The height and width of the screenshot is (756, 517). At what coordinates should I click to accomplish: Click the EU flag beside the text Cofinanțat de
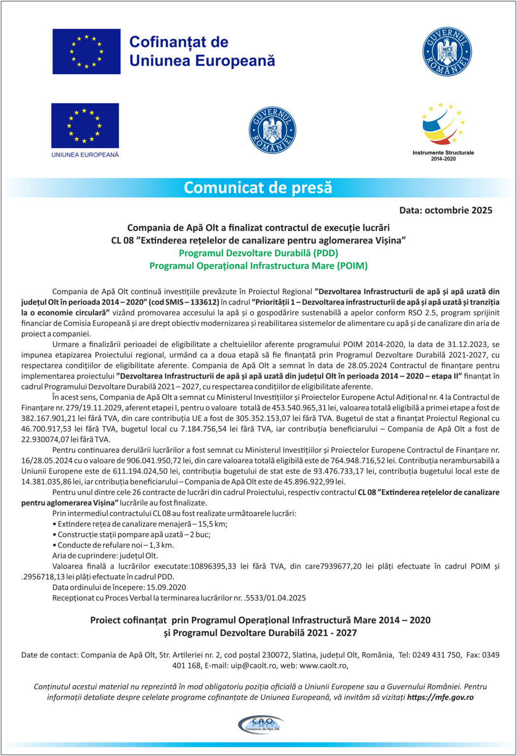87,51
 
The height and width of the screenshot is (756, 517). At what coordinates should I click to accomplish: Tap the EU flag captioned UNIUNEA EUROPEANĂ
85,126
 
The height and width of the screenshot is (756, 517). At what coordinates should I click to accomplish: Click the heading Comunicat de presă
258,188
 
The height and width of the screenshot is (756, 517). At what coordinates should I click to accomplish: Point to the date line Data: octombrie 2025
445,211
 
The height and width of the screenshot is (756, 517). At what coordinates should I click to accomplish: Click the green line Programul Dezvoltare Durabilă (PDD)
258,253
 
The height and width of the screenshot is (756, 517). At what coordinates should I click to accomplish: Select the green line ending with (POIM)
258,266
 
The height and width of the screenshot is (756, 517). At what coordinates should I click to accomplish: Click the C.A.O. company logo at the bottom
259,724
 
